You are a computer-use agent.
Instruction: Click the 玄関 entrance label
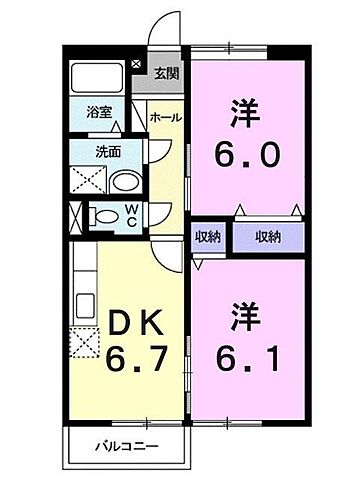tap(166, 74)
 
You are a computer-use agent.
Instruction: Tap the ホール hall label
tap(164, 118)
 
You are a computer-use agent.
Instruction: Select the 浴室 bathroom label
tap(97, 113)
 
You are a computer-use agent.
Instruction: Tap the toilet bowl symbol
tap(103, 215)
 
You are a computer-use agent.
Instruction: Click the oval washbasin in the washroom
tap(124, 181)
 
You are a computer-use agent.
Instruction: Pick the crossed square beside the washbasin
tap(87, 182)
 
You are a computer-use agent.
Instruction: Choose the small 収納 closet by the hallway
tap(207, 237)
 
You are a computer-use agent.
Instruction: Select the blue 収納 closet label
tap(266, 237)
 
